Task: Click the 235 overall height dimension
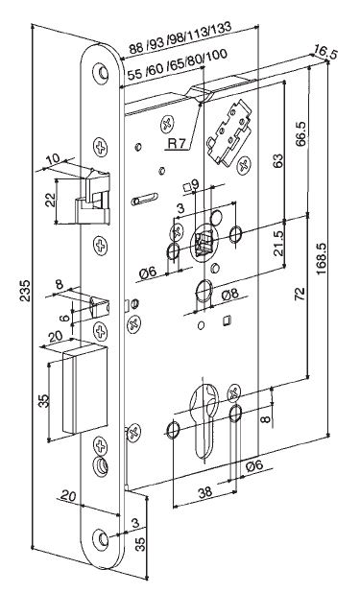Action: [x=25, y=291]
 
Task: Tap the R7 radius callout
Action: [x=178, y=143]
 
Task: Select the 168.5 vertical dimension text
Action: [x=321, y=257]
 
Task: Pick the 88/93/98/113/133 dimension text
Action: [x=180, y=37]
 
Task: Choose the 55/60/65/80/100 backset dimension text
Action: [x=177, y=64]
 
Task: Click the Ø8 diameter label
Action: [x=230, y=294]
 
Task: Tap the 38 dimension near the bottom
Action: [x=205, y=492]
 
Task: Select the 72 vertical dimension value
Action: [x=300, y=295]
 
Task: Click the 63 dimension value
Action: [x=277, y=161]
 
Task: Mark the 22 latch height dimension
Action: [x=50, y=200]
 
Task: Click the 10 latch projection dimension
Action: [x=54, y=159]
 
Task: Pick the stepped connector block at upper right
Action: [x=228, y=132]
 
